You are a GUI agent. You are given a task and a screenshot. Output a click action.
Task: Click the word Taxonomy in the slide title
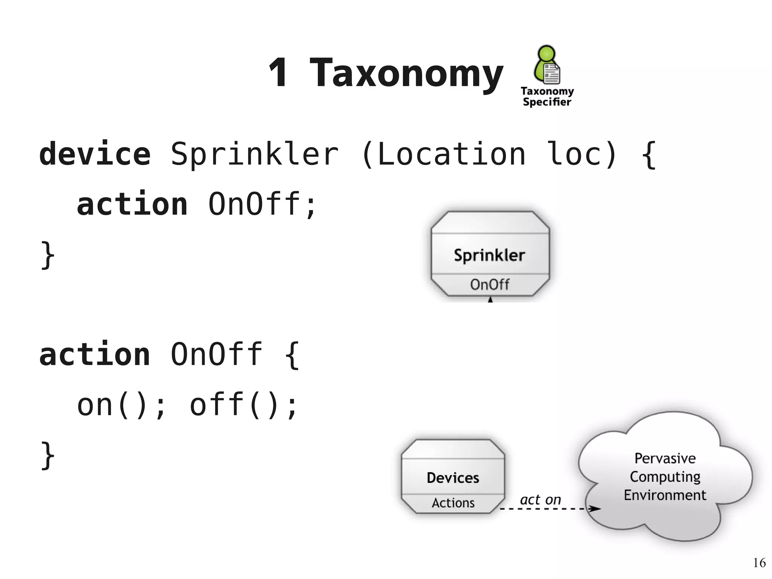pos(406,74)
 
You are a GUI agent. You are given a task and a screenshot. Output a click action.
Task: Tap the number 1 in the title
pos(278,72)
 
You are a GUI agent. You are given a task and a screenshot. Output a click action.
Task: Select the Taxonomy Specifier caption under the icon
pos(547,97)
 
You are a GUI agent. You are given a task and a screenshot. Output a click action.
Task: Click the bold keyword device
pos(95,154)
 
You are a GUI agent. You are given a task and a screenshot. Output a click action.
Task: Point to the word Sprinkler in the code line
pos(255,154)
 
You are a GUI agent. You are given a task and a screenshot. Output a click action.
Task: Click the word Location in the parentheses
pos(451,154)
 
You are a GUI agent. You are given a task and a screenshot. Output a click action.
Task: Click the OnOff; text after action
pos(262,204)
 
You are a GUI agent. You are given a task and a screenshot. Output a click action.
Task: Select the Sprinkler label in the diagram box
pos(489,255)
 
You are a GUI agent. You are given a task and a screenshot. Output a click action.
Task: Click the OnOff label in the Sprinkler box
pos(489,284)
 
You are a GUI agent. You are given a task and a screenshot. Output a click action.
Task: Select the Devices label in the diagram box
pos(453,478)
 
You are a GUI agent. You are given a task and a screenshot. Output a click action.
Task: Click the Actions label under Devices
pos(453,503)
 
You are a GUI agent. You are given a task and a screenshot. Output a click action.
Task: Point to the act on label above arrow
pos(540,500)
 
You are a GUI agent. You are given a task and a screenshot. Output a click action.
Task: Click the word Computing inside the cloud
pos(665,477)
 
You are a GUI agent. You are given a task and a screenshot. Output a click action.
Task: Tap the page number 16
pos(759,563)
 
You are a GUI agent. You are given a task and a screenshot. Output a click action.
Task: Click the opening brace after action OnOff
pos(292,355)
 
